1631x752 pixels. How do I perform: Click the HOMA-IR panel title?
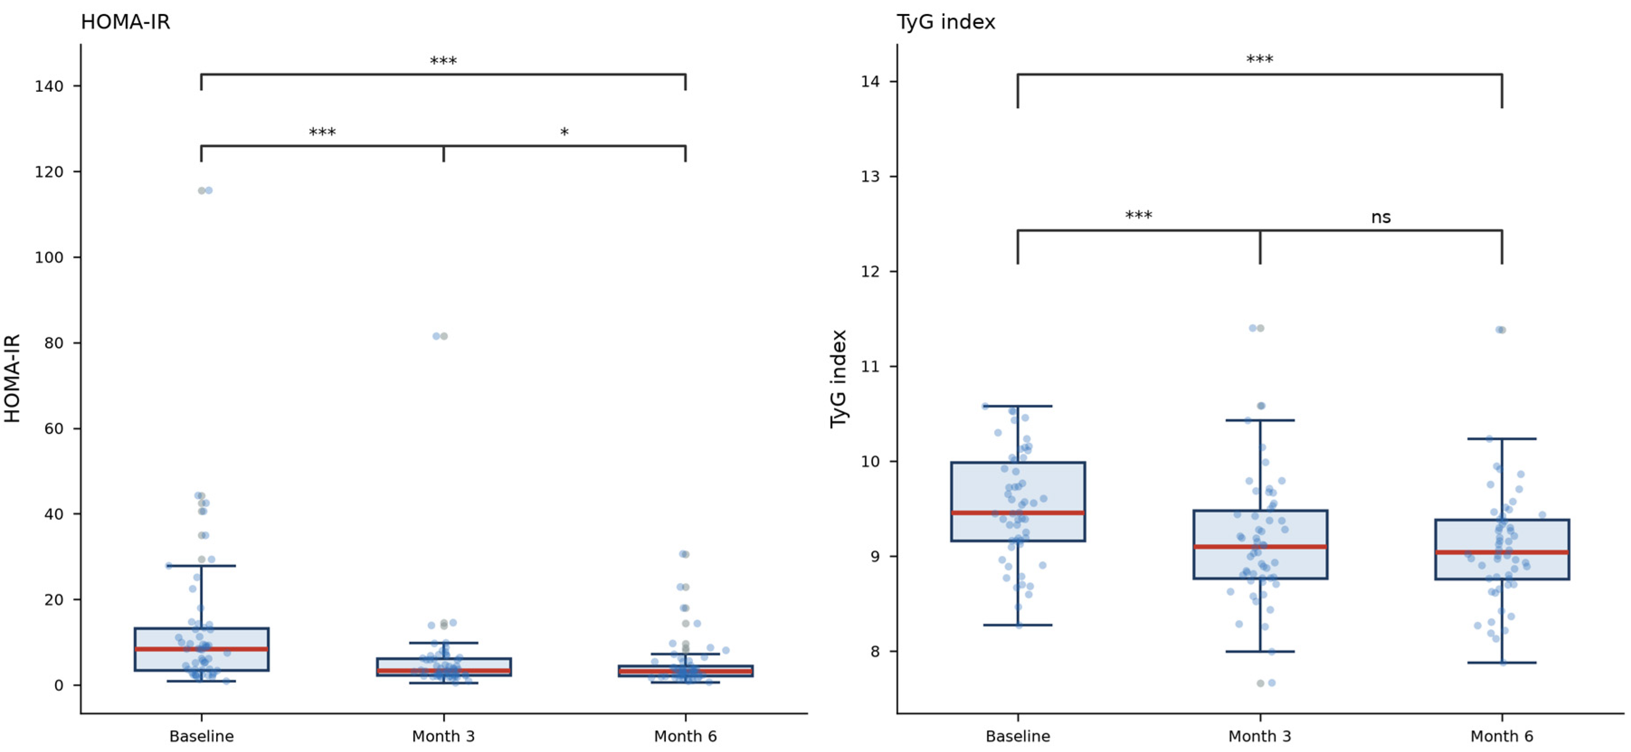(x=125, y=22)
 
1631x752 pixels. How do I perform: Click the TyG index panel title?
(x=946, y=22)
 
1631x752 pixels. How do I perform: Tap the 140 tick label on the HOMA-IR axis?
(x=49, y=86)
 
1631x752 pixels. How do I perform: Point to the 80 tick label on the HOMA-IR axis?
(x=54, y=343)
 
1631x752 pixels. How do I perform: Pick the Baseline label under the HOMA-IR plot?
(x=201, y=736)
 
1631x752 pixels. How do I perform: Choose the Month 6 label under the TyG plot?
(x=1502, y=736)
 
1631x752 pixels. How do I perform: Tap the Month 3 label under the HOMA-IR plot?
(x=443, y=736)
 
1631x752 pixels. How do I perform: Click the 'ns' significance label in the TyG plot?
(x=1381, y=217)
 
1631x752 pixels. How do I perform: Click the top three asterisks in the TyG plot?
(x=1259, y=60)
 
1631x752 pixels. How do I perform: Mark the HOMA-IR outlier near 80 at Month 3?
(x=440, y=336)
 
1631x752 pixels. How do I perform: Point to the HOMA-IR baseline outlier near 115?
(x=205, y=190)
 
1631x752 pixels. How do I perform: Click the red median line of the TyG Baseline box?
(x=1018, y=513)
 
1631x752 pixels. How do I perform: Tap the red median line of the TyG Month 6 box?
(x=1502, y=553)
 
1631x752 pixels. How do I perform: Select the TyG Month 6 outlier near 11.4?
(x=1500, y=330)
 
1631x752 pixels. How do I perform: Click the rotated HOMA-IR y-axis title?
(x=13, y=378)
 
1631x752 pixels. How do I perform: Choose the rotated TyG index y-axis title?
(x=839, y=378)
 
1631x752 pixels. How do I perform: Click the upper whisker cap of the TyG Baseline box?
(x=1018, y=406)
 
